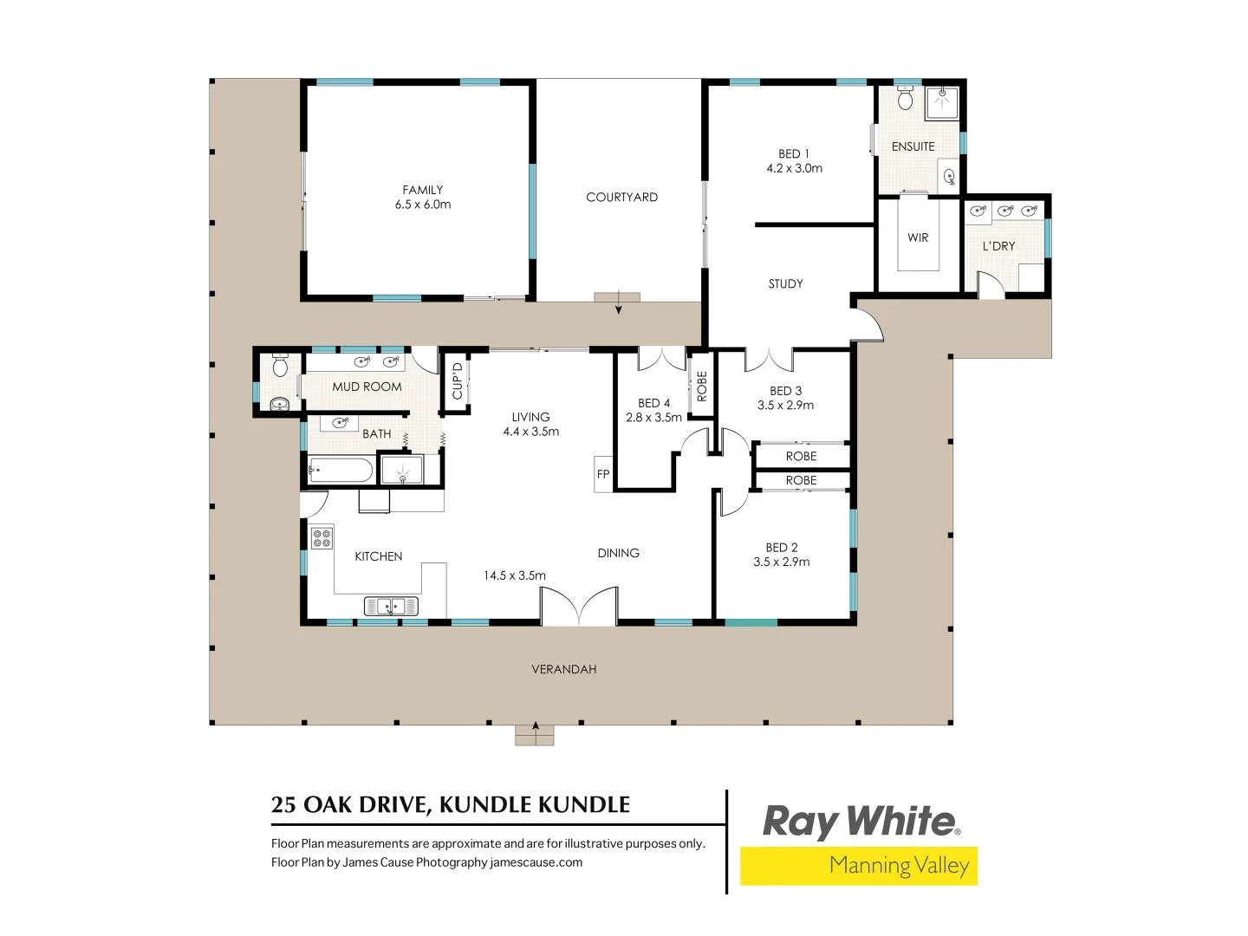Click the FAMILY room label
coord(423,190)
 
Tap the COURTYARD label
coord(621,197)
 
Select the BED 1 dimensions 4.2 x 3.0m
coord(794,168)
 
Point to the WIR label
coord(918,237)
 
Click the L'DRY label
coord(998,246)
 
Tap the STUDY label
coord(785,283)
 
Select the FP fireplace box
coord(603,474)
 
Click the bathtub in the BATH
coord(341,471)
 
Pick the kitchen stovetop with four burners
coord(322,537)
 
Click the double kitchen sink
coord(391,606)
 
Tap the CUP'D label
coord(458,381)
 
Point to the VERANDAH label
coord(563,669)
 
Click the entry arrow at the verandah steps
coord(536,727)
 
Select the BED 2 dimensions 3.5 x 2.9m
coord(781,562)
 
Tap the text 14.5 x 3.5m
coord(515,575)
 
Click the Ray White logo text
coord(860,821)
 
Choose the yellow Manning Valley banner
coord(858,866)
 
